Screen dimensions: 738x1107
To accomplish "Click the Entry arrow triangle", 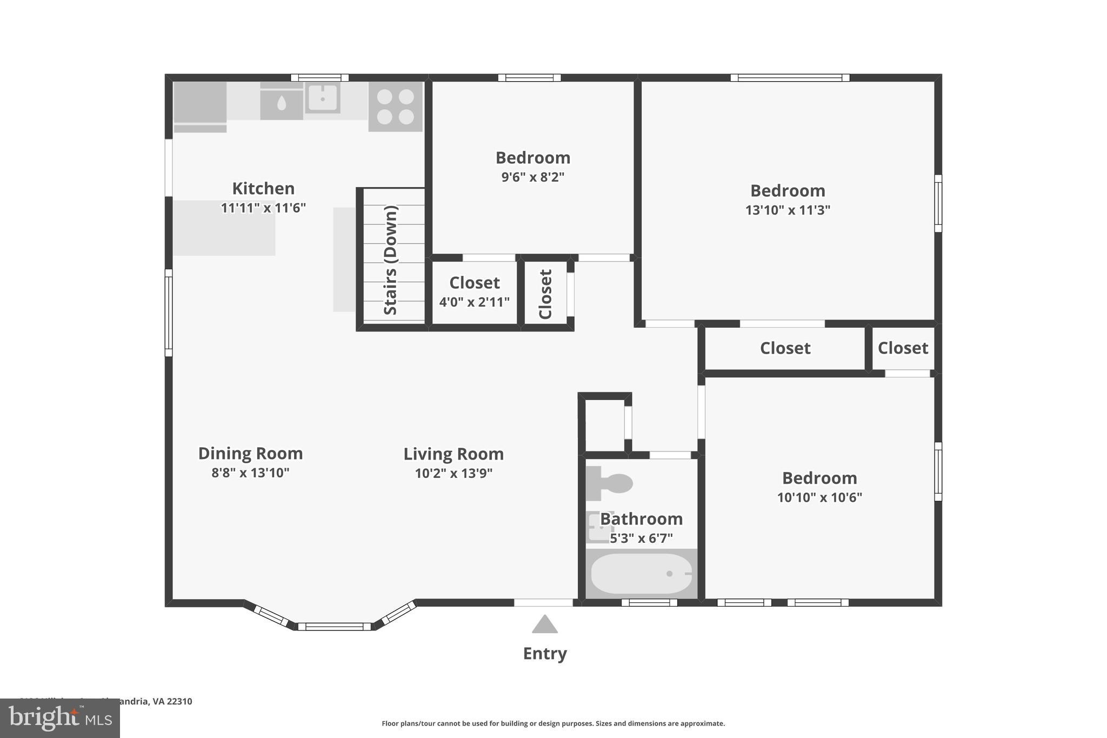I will click(x=544, y=624).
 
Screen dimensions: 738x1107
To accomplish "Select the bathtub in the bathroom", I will click(x=641, y=574).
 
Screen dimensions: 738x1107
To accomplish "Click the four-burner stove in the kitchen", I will click(x=395, y=107).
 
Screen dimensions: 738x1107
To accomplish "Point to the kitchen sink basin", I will click(x=322, y=98).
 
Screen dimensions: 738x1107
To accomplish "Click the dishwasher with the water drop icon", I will click(x=282, y=103).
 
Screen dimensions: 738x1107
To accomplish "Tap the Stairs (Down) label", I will click(x=390, y=260).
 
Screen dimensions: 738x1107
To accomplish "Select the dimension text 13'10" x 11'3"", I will click(x=788, y=210).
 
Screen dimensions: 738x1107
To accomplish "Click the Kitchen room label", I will click(x=263, y=188).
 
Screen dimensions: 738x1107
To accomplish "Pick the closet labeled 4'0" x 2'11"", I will click(x=475, y=292).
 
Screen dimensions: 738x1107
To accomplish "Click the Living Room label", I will click(x=454, y=454).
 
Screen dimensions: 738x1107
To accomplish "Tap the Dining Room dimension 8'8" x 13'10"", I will click(x=250, y=473).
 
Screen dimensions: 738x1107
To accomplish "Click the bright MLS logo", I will click(x=60, y=718).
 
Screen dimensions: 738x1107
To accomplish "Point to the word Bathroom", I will click(x=641, y=518).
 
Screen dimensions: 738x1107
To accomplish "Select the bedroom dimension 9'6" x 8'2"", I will click(x=532, y=177).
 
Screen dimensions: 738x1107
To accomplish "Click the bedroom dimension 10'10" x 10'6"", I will click(x=819, y=497).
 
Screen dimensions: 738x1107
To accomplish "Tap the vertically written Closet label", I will click(x=545, y=294).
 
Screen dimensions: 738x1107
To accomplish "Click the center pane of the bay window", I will click(x=334, y=627).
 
